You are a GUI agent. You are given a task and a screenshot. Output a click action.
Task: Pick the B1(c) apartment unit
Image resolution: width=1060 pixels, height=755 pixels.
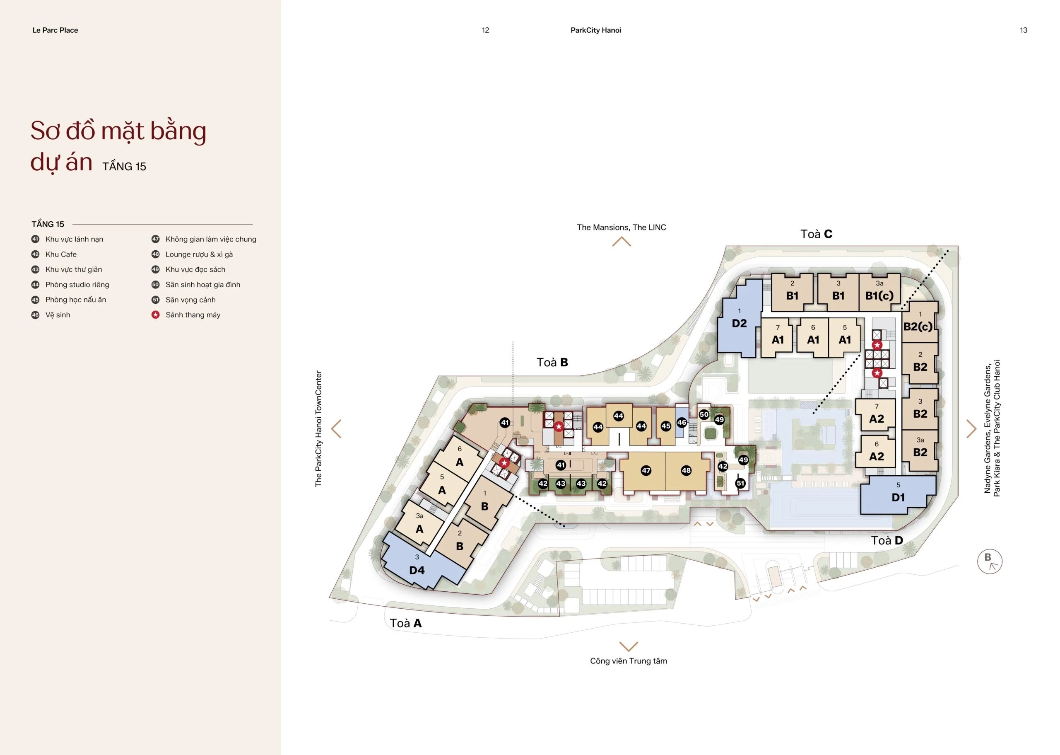(879, 292)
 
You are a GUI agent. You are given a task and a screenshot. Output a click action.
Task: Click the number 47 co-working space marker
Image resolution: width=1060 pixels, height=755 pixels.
(646, 470)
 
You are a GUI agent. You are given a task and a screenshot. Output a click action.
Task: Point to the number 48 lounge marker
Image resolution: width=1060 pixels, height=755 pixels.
(686, 470)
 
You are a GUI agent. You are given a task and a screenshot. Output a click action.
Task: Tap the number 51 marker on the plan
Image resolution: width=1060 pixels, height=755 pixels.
(740, 484)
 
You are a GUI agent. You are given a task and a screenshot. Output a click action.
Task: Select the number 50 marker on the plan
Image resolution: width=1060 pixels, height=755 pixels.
(704, 414)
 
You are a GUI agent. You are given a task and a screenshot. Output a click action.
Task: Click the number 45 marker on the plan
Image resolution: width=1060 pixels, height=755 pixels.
(666, 426)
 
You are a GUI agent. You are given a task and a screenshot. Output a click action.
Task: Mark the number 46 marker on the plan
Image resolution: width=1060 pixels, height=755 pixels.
(682, 423)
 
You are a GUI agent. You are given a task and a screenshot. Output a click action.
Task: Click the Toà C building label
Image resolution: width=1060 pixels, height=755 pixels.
(816, 234)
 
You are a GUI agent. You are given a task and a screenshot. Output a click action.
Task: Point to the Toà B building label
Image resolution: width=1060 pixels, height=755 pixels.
(552, 362)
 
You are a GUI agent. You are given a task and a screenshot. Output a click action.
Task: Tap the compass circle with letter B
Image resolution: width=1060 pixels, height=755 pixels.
(990, 561)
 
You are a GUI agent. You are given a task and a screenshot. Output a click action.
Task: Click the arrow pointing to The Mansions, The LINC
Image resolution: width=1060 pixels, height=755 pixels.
(622, 242)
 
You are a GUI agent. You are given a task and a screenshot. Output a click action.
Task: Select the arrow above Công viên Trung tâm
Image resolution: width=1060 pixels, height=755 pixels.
(629, 646)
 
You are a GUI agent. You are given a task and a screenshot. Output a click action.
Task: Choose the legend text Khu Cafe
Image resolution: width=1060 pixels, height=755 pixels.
(61, 254)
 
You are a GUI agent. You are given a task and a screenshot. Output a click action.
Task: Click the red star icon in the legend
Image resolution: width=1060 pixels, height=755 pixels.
(156, 315)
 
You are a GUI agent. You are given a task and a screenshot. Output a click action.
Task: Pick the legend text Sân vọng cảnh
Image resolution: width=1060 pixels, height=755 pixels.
(190, 300)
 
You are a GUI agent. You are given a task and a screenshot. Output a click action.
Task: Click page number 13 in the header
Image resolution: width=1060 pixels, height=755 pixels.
(1023, 30)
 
